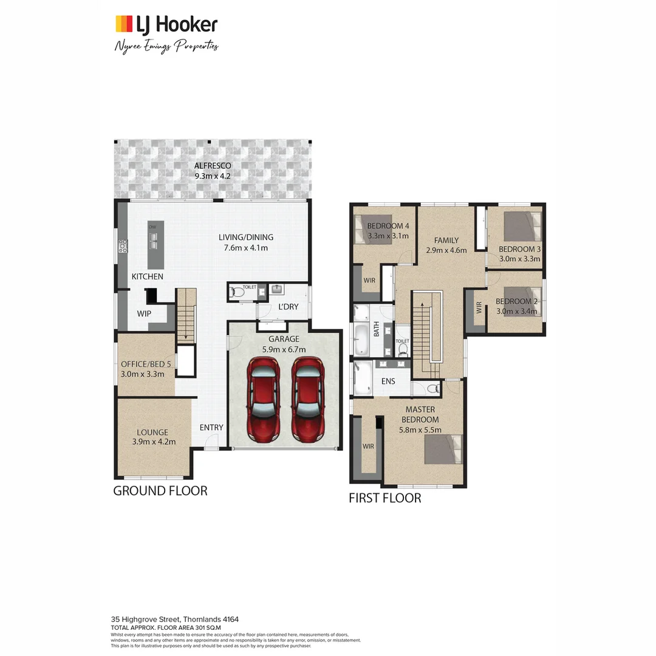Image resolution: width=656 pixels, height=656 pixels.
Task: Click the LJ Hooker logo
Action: (166, 24)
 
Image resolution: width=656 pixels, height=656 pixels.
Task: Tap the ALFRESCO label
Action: (213, 166)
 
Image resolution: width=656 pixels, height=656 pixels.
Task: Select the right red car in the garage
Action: (307, 399)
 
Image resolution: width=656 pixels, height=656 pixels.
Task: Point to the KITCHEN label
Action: (148, 276)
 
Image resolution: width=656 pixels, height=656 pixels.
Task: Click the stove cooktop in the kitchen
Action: (123, 245)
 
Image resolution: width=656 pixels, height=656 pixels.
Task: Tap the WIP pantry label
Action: (144, 314)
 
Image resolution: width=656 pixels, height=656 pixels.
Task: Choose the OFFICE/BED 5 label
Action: (142, 364)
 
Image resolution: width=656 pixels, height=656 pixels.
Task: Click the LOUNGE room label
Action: (152, 432)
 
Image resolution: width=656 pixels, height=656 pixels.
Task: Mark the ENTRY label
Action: (211, 428)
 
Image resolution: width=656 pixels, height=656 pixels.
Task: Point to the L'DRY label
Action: (288, 307)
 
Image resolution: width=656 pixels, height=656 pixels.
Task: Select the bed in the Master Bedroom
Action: (443, 449)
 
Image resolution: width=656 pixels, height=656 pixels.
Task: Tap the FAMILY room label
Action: (446, 240)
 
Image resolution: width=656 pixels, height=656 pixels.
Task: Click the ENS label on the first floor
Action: (388, 381)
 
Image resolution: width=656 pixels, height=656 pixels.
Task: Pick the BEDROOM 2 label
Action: (516, 301)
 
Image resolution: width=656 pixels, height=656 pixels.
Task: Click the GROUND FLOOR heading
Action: (160, 491)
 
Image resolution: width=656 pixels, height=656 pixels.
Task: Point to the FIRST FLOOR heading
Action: (384, 498)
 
